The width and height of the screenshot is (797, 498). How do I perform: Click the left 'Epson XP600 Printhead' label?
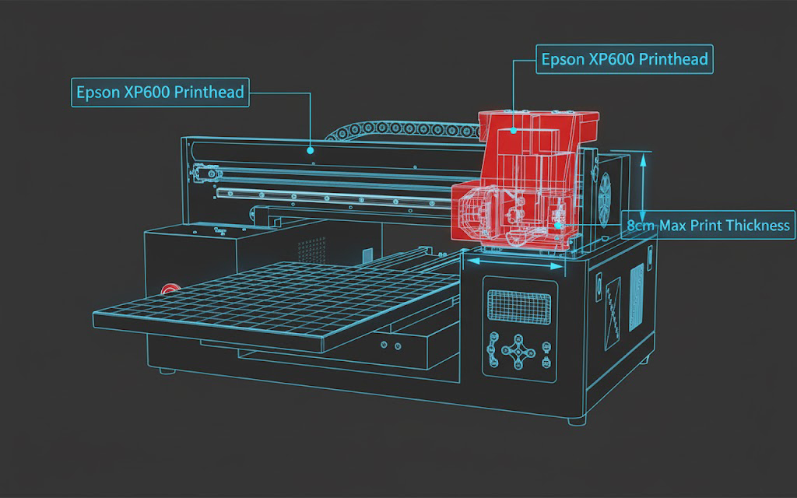160,92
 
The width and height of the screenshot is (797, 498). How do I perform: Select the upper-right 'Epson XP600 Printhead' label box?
624,59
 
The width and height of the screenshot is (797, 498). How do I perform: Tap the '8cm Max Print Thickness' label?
708,225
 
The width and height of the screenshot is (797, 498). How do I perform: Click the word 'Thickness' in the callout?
758,225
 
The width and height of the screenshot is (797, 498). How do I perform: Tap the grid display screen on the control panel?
519,307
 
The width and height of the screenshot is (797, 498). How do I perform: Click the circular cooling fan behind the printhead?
604,200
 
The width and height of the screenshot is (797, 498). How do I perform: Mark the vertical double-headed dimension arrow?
643,188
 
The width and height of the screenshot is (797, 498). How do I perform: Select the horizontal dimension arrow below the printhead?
515,263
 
